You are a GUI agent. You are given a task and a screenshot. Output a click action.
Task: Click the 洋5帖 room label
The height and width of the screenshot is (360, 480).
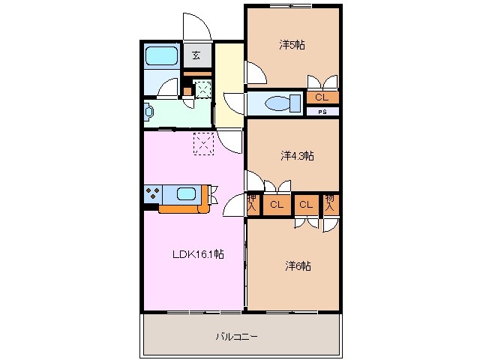(292, 45)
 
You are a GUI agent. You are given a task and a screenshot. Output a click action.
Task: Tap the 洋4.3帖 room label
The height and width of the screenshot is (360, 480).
(297, 156)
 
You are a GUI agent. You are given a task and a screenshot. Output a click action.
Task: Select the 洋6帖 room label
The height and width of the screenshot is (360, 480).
(298, 266)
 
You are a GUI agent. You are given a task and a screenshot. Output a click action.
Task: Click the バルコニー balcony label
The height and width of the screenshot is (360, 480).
(238, 337)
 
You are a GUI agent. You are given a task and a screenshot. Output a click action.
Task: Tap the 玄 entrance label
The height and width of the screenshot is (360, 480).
(196, 55)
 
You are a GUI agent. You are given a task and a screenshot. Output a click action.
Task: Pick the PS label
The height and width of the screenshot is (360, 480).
(322, 112)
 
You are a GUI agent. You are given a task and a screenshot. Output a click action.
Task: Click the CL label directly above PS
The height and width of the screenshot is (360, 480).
(322, 97)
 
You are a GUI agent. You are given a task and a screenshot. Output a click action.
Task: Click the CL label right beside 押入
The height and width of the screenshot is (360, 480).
(276, 204)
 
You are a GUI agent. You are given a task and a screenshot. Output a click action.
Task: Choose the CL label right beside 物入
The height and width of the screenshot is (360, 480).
(306, 204)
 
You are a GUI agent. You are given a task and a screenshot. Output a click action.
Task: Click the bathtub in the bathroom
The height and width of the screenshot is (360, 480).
(160, 55)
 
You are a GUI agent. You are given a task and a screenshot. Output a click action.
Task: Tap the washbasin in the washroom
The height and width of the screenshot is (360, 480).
(149, 112)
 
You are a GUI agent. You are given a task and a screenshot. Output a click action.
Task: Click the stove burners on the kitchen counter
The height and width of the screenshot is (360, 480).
(153, 193)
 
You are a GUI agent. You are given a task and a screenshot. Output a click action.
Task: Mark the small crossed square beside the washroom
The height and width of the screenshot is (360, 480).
(202, 89)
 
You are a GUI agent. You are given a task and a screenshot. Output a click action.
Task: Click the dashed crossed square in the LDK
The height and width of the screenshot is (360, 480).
(204, 142)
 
